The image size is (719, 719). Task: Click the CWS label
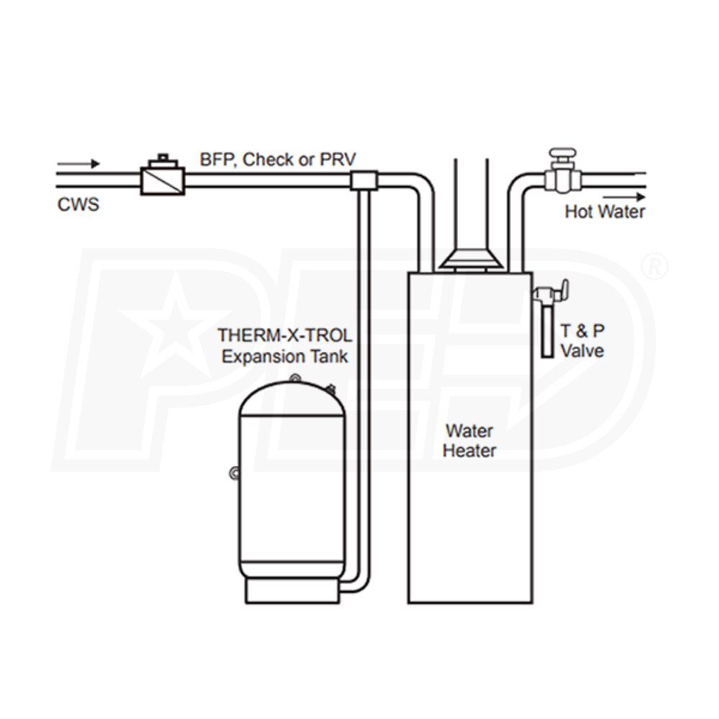click(78, 205)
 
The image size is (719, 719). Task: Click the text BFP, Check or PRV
click(278, 160)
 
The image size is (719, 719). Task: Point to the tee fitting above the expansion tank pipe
click(364, 180)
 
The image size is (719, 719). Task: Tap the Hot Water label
click(604, 212)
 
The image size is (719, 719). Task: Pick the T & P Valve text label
click(582, 342)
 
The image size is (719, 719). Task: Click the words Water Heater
click(469, 441)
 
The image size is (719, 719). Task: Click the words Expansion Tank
click(285, 356)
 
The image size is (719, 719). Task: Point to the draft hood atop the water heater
click(471, 260)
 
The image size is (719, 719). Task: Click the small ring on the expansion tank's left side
click(234, 472)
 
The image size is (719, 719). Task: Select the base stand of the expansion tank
click(292, 590)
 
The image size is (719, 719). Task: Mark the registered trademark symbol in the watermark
click(654, 267)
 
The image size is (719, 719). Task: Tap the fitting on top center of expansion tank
click(293, 377)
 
